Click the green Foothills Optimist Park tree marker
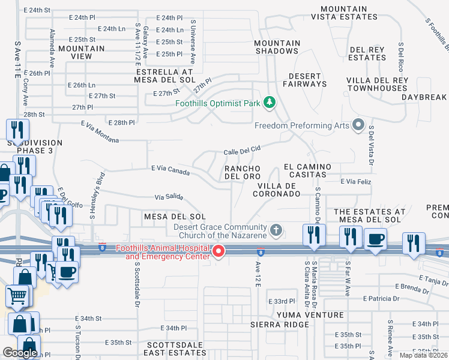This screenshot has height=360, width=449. coord(270,103)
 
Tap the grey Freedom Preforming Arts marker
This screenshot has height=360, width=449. coord(359,125)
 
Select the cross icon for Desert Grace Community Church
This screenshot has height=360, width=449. coord(276,229)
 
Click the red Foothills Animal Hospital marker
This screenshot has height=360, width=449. coord(219,252)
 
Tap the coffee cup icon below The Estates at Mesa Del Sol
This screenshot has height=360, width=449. coord(376,239)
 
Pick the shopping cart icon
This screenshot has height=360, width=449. coord(17,295)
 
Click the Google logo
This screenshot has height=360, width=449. coord(20,353)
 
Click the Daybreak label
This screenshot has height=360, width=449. coord(424,97)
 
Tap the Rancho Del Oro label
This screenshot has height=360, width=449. coord(243,172)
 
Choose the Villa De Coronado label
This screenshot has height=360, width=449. coord(276,190)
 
